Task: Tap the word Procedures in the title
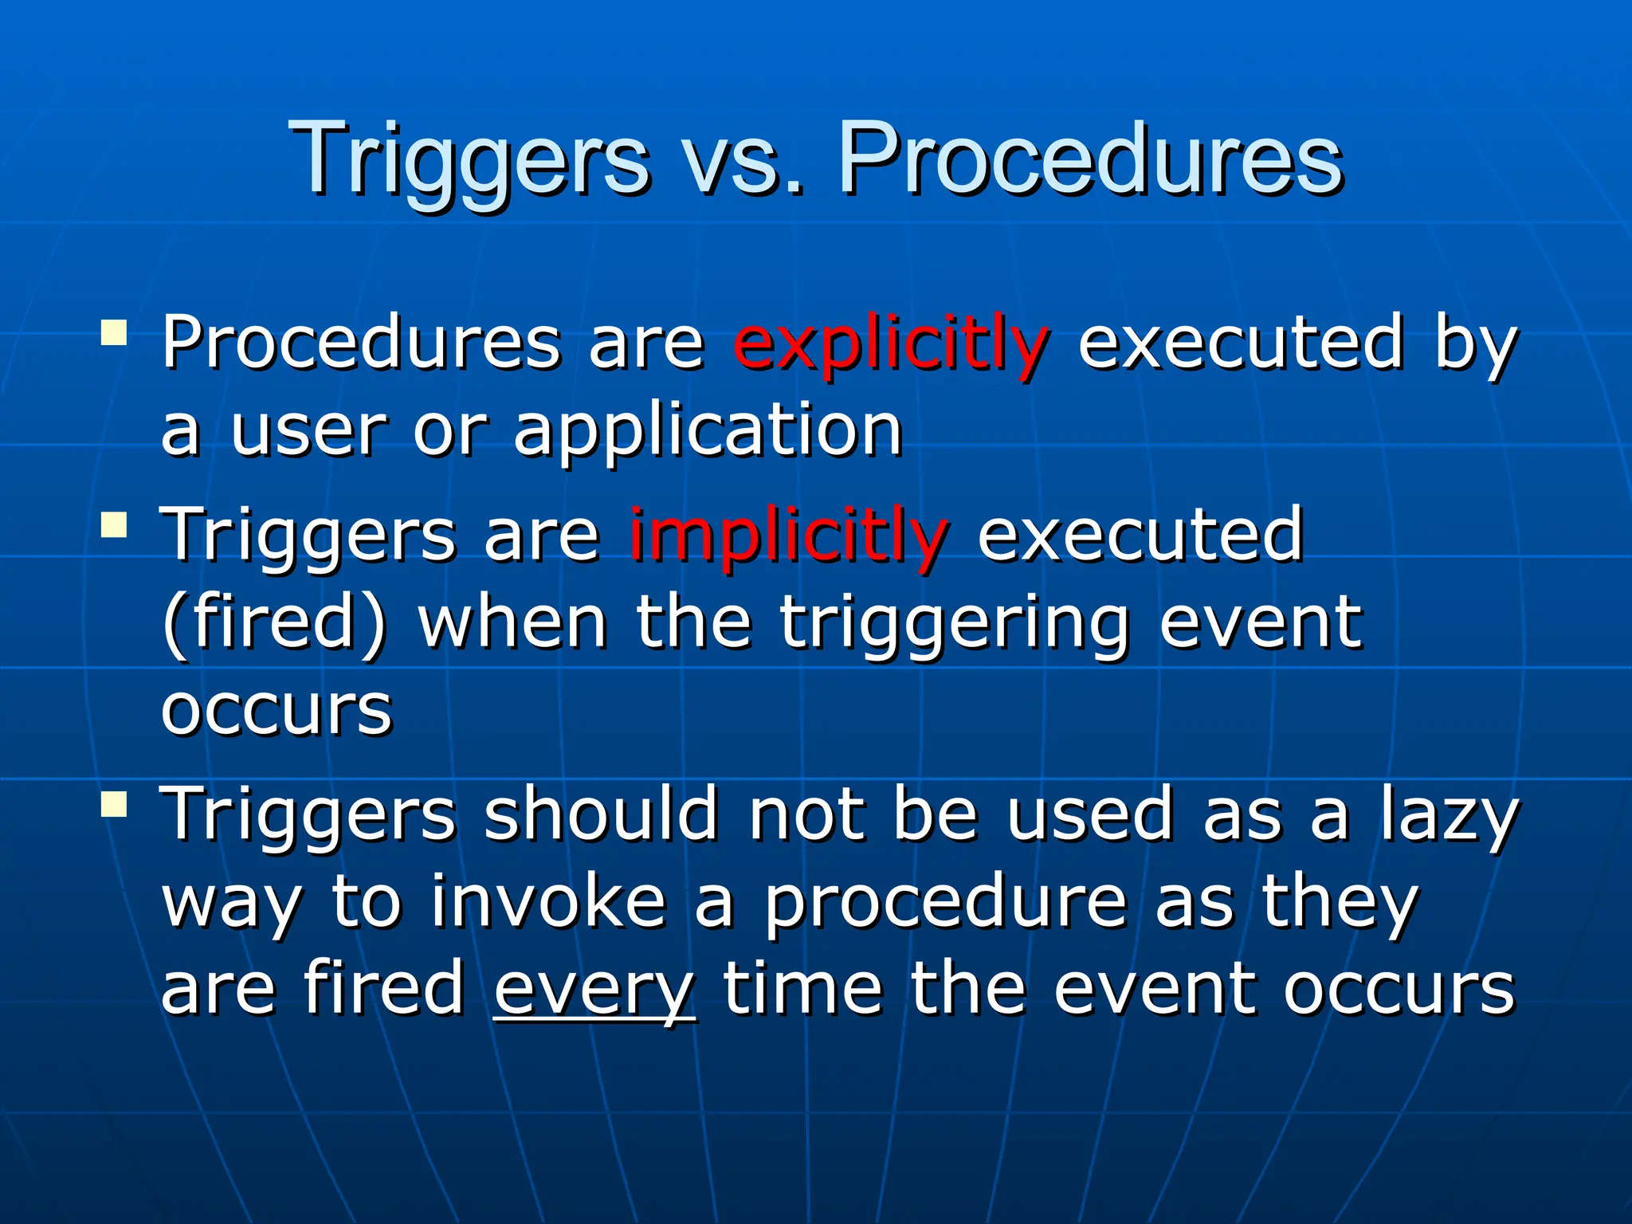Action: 1089,159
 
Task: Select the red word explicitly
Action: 889,344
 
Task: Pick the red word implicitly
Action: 787,535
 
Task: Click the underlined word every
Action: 594,988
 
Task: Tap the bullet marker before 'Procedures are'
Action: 115,332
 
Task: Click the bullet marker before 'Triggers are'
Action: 115,524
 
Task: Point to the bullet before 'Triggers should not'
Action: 115,803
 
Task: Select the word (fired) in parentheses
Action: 273,622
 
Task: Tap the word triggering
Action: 952,624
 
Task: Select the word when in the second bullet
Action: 512,622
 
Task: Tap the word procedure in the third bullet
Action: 945,903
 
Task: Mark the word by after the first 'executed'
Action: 1474,344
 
